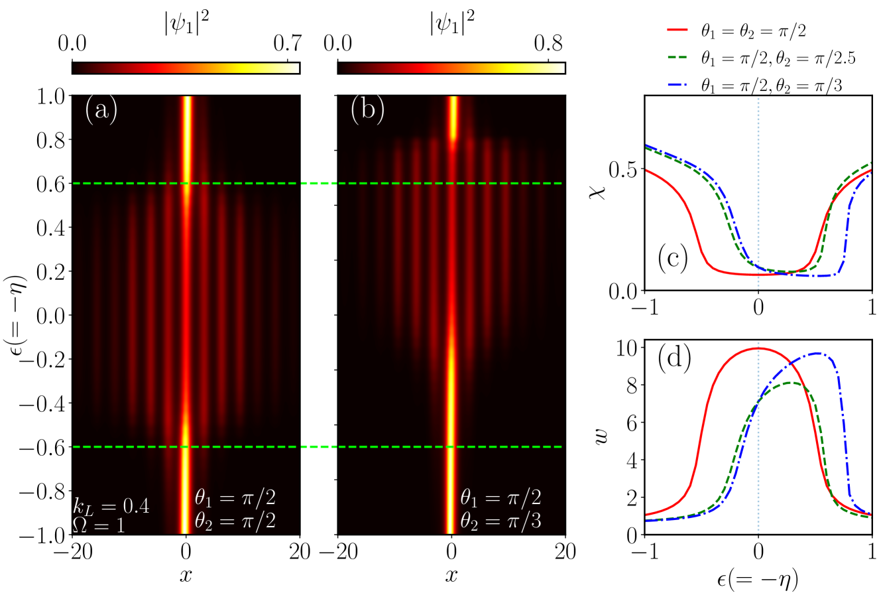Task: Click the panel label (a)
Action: pos(101,110)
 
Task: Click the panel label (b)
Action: pos(368,110)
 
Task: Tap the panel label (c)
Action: pos(673,259)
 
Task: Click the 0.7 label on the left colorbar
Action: pos(288,43)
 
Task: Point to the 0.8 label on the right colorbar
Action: pos(548,43)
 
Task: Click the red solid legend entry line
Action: pos(677,30)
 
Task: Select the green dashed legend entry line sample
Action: pos(677,58)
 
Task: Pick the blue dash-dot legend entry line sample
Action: pos(677,85)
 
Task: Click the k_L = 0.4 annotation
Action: pos(111,506)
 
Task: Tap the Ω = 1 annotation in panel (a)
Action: pos(99,525)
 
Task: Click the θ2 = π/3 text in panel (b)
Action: pos(501,521)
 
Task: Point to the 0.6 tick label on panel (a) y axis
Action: pos(51,184)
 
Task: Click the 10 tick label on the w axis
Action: pos(628,349)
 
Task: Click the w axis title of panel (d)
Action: pos(600,437)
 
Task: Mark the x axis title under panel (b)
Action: pos(451,576)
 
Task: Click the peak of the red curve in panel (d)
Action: pos(758,348)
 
